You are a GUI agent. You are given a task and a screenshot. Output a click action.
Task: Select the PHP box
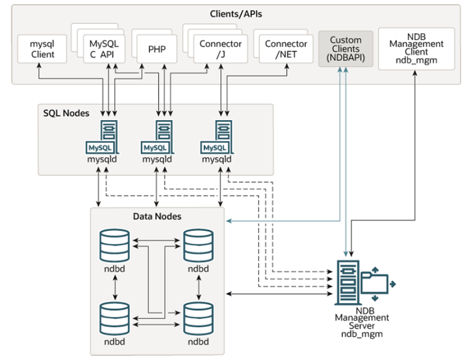coord(156,48)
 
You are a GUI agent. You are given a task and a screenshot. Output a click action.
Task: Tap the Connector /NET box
coord(286,48)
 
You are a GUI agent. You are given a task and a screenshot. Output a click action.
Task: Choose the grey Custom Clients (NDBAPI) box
coord(346,48)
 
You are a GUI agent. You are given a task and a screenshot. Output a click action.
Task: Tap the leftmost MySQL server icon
coord(103,138)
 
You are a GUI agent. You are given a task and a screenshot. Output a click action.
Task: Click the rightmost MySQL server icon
coord(217,138)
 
